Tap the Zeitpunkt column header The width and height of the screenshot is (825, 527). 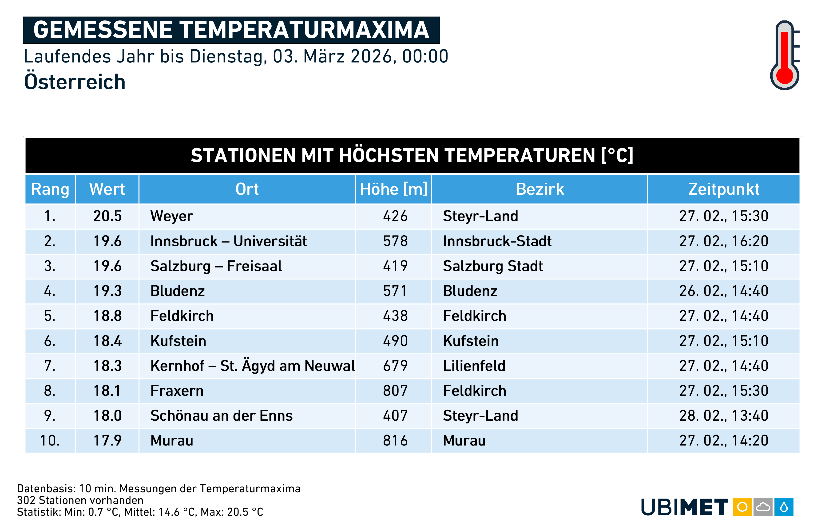pyautogui.click(x=724, y=189)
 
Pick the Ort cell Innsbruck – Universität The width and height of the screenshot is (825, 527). pyautogui.click(x=229, y=241)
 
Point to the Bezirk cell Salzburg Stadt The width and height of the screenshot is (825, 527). pyautogui.click(x=493, y=266)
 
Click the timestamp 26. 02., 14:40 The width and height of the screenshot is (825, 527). pyautogui.click(x=724, y=291)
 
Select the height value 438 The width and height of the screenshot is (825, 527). pyautogui.click(x=395, y=316)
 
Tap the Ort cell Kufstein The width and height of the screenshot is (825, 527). pyautogui.click(x=178, y=341)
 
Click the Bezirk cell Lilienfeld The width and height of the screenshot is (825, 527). pyautogui.click(x=474, y=366)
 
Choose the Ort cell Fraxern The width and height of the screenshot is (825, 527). pyautogui.click(x=177, y=391)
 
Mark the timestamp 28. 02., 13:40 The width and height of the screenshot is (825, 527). pyautogui.click(x=724, y=416)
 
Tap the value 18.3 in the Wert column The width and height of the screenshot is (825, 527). pyautogui.click(x=107, y=366)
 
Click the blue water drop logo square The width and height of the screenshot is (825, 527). pyautogui.click(x=784, y=507)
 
